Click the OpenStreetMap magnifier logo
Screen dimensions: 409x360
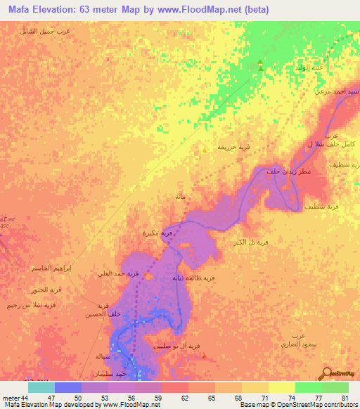pyautogui.click(x=328, y=373)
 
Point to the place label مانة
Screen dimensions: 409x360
pyautogui.click(x=180, y=197)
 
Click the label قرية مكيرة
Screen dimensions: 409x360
pyautogui.click(x=158, y=232)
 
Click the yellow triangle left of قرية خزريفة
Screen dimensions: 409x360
pyautogui.click(x=205, y=149)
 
